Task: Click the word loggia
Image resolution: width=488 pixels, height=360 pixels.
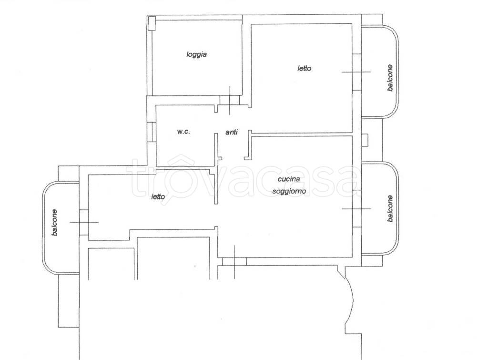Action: point(197,54)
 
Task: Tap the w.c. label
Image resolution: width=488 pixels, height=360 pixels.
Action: point(183,132)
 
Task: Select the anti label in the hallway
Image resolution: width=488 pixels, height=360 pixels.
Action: point(232,132)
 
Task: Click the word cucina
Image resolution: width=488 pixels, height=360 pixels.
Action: point(289,179)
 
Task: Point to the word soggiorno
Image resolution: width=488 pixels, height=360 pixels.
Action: point(289,191)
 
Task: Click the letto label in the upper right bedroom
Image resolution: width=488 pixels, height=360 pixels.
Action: point(305,68)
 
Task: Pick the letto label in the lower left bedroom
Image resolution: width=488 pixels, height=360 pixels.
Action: point(158,197)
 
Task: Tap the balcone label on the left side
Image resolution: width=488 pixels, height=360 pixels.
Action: point(55,222)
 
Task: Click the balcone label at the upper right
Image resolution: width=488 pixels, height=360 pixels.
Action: point(390,78)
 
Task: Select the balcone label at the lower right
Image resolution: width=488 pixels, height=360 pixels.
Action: point(390,209)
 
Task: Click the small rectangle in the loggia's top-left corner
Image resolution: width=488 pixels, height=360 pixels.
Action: point(152,23)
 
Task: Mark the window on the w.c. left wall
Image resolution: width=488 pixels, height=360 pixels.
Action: point(151,132)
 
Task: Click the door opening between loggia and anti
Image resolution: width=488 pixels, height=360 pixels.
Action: point(230,100)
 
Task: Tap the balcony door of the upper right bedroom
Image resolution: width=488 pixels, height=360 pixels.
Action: point(356,72)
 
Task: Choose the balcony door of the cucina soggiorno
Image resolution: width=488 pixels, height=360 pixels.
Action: point(356,209)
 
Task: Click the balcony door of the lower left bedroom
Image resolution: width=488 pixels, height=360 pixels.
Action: point(84,222)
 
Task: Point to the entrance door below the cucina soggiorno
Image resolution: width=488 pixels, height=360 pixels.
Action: point(234,262)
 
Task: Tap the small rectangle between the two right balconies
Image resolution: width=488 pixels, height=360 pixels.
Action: point(365,140)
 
